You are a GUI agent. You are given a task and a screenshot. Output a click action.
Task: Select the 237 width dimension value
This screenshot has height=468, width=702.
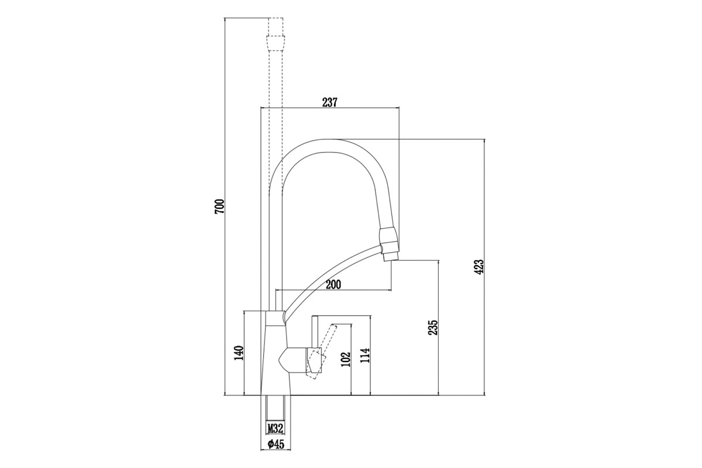329,102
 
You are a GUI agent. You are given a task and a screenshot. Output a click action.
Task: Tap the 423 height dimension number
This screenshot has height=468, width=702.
479,267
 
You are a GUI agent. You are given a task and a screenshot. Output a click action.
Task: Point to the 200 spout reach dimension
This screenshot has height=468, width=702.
333,285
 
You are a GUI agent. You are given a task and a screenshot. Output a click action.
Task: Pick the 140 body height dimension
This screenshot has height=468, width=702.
239,353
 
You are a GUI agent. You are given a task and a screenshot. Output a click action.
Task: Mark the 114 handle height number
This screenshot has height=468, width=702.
365,355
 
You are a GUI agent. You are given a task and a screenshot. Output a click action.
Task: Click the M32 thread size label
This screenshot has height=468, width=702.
275,429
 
